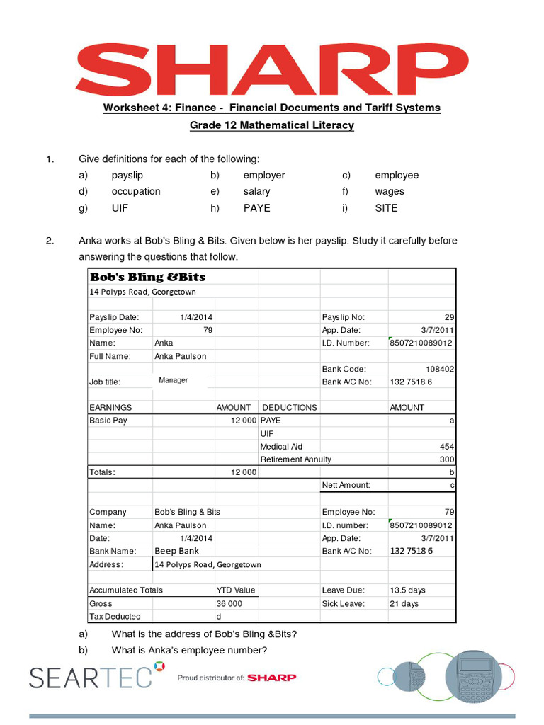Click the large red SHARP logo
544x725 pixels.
coord(272,68)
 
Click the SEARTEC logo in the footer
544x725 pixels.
coord(91,677)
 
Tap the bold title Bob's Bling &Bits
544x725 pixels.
coord(147,277)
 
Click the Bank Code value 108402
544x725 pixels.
coord(440,369)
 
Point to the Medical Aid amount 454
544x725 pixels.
coord(447,447)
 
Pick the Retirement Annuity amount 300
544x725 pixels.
coord(447,459)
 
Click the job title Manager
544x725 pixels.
coord(174,380)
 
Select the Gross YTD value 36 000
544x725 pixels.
coord(229,603)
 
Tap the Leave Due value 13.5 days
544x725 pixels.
coord(408,590)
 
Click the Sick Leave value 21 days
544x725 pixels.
coord(404,603)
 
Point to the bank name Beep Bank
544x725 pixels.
coord(176,551)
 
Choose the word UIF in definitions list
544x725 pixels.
coord(120,208)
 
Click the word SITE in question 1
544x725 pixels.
coord(387,208)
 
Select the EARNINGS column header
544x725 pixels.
coord(110,407)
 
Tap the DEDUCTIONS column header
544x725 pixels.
coord(290,407)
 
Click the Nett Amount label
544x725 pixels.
coord(346,485)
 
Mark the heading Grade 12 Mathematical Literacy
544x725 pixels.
coord(271,125)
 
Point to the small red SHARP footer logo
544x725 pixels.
coord(273,678)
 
